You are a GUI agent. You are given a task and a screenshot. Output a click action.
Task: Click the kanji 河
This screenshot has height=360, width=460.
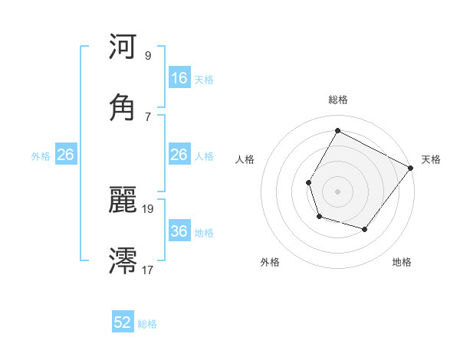pos(123,47)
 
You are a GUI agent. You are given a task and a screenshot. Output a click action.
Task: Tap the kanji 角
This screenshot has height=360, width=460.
pos(123,108)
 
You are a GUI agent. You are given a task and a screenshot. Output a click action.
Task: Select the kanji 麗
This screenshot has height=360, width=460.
pos(123,201)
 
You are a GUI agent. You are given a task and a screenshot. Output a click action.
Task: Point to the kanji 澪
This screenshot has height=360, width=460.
pos(123,260)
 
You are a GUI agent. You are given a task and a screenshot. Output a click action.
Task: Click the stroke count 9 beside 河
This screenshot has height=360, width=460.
pos(147,56)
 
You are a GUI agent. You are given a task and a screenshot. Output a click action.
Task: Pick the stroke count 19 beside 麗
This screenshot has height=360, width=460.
pos(148,208)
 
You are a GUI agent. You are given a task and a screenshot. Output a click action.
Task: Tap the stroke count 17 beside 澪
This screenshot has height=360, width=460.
pos(148,270)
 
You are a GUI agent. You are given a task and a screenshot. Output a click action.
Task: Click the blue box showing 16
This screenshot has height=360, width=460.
pos(179,78)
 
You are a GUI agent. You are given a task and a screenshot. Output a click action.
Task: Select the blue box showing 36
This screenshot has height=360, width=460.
pos(179,231)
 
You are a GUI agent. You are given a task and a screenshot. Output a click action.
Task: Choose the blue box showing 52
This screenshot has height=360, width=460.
pos(123,322)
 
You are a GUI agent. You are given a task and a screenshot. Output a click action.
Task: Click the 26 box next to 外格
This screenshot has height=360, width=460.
pos(65,155)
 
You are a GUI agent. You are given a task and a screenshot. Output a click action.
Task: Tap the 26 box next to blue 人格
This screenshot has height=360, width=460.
pos(179,155)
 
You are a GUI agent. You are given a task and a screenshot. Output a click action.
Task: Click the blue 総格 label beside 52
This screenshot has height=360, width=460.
pos(147,324)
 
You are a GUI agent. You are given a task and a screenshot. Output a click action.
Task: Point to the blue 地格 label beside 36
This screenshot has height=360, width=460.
pos(204,232)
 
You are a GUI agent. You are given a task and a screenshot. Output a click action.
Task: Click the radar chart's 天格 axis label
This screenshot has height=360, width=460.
pos(431,159)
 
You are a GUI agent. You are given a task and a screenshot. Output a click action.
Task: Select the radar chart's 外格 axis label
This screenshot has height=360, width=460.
pos(270,262)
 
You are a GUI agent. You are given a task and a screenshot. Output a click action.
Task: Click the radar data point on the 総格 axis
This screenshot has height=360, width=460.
pos(337,130)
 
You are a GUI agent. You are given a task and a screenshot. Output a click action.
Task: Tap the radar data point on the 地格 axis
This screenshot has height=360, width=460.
pos(365,229)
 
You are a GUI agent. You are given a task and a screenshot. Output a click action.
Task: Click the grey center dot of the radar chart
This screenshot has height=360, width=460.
pos(337,191)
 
